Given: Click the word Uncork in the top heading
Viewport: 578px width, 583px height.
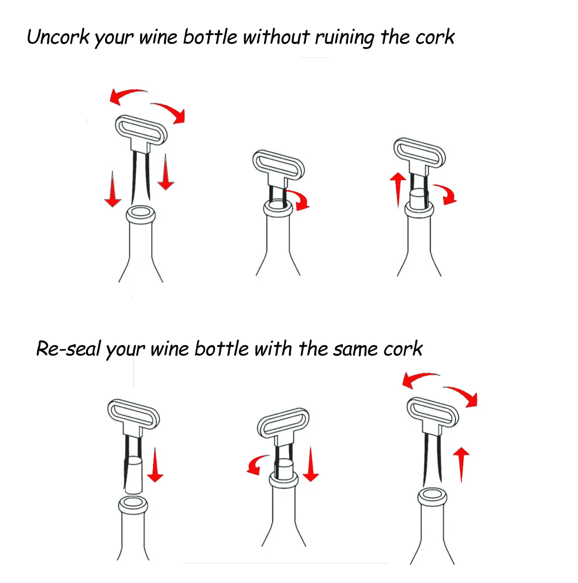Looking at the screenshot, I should [58, 37].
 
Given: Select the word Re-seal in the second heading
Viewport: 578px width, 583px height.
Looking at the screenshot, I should [68, 349].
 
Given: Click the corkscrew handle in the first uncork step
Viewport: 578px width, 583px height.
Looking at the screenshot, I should [141, 130].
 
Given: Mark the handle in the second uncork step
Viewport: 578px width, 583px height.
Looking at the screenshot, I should [279, 165].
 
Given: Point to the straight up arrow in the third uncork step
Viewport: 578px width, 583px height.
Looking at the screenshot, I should [398, 190].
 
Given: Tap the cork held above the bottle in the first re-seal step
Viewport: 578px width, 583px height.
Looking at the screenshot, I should [133, 475].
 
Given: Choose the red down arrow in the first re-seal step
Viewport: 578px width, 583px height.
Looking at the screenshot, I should [155, 465].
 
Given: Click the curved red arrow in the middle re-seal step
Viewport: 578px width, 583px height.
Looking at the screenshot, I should [256, 465].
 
